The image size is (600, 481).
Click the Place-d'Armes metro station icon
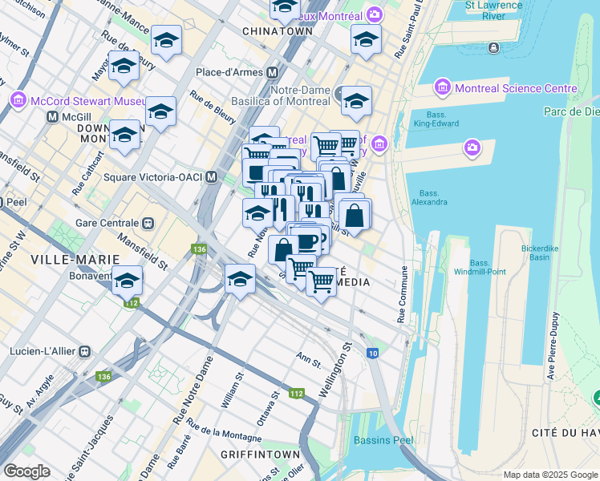click(273, 72)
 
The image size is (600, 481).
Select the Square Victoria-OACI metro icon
click(211, 176)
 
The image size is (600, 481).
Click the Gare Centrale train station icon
click(148, 222)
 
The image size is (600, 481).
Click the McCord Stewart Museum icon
click(18, 100)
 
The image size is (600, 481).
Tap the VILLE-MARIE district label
click(75, 260)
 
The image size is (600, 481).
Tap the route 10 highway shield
click(373, 354)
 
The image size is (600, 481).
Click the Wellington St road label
click(336, 370)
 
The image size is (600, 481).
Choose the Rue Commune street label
click(403, 296)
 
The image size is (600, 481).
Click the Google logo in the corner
click(26, 471)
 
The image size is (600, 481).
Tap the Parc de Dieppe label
click(571, 111)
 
